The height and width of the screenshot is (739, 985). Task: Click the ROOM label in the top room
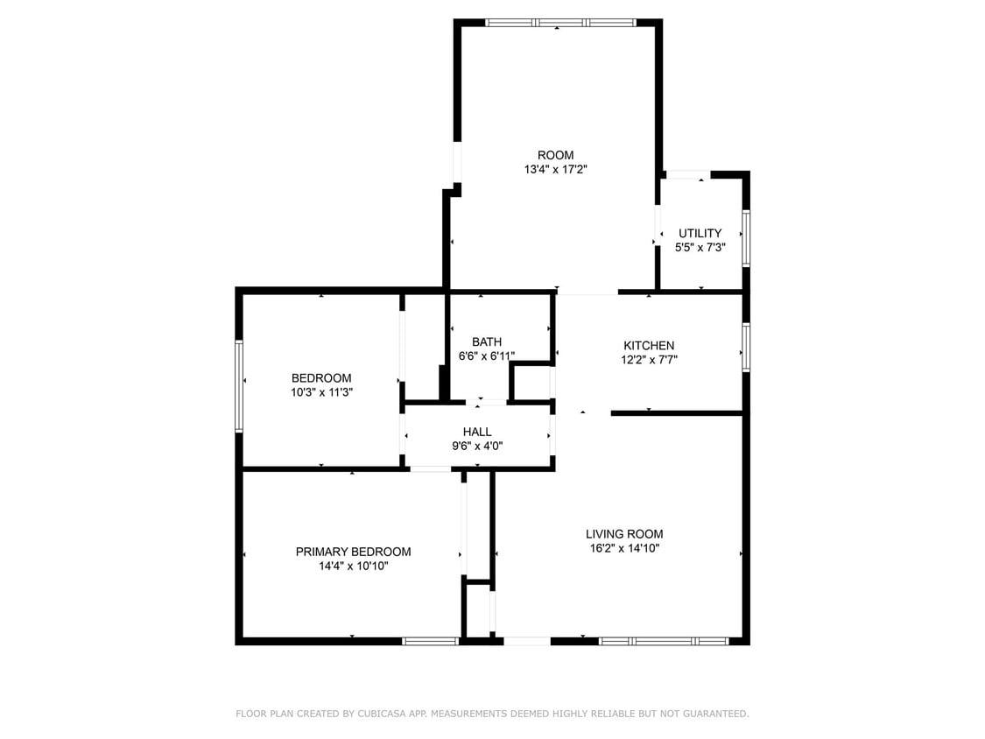pos(555,155)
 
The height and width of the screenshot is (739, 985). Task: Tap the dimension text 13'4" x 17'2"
pos(555,170)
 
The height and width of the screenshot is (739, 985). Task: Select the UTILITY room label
pos(700,233)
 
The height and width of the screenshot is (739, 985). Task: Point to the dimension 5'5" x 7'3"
pos(700,248)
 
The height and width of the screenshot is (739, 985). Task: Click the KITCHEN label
pos(649,345)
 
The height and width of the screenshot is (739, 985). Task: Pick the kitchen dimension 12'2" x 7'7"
pos(649,360)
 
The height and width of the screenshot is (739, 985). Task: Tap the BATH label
pos(486,341)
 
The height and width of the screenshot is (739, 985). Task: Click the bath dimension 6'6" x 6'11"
pos(486,356)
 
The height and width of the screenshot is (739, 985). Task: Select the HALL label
pos(477,431)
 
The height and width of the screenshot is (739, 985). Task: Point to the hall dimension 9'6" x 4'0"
pos(477,446)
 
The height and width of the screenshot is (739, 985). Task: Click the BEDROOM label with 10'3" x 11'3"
pos(321,378)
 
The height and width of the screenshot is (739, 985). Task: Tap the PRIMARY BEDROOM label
pos(353,552)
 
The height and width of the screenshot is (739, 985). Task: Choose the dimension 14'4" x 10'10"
pos(353,567)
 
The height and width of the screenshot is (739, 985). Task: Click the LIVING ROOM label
pos(624,533)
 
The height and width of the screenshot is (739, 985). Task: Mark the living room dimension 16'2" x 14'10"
pos(624,549)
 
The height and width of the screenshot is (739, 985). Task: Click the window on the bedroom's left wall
pos(239,385)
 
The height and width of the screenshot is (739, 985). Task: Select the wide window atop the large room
pos(560,23)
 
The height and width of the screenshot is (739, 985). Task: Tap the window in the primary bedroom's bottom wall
pos(430,641)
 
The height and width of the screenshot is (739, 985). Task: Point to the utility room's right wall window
pos(746,236)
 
